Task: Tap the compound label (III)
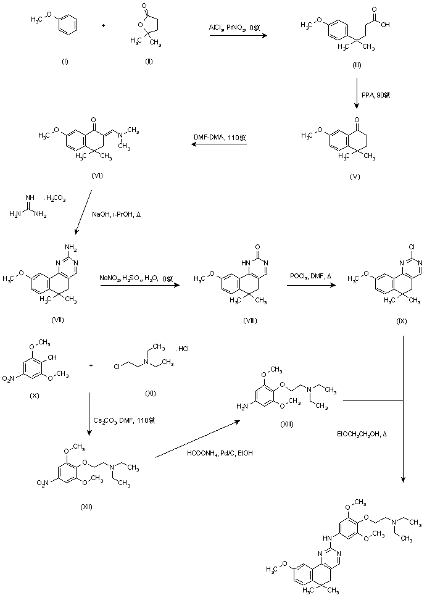[x=357, y=65]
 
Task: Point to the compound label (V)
[x=354, y=176]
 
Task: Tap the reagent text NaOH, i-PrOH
[x=121, y=213]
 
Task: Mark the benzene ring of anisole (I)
[x=69, y=26]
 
